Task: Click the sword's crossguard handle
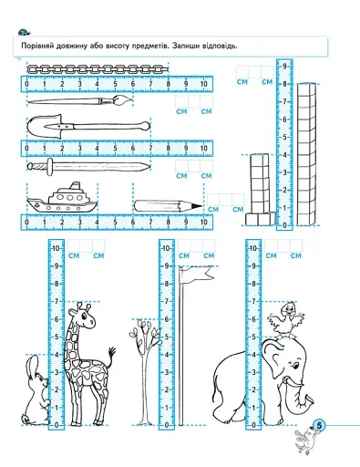pyautogui.click(x=50, y=167)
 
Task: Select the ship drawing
pyautogui.click(x=62, y=198)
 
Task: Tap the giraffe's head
pyautogui.click(x=82, y=316)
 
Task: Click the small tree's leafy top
pyautogui.click(x=145, y=332)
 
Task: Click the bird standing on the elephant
pyautogui.click(x=286, y=320)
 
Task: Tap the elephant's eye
pyautogui.click(x=295, y=365)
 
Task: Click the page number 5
pyautogui.click(x=319, y=425)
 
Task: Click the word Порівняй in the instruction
pyautogui.click(x=37, y=46)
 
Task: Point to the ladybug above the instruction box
pyautogui.click(x=24, y=32)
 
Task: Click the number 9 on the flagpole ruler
pyautogui.click(x=167, y=266)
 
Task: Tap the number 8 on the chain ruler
pyautogui.click(x=168, y=84)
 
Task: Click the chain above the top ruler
pyautogui.click(x=98, y=69)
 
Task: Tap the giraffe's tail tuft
pyautogui.click(x=113, y=352)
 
